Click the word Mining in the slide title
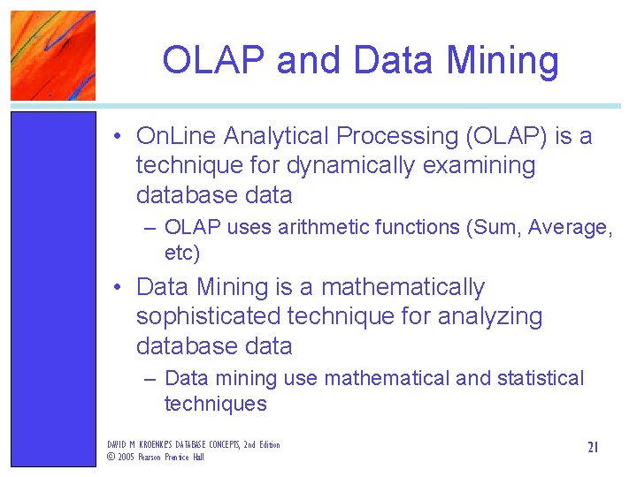503,61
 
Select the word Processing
402,136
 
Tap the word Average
567,227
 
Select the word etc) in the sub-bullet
183,253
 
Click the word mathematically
403,288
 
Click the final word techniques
215,404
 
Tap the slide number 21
593,448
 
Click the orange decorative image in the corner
52,55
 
